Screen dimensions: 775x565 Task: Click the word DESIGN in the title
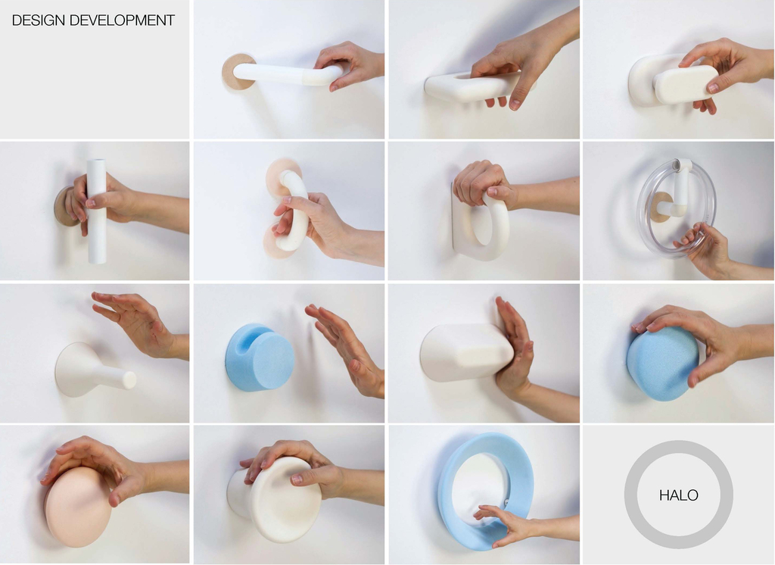(39, 20)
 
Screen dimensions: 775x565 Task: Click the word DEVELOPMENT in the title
(122, 20)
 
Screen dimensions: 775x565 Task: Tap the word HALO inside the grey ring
(678, 495)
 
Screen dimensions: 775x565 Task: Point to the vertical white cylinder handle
(96, 211)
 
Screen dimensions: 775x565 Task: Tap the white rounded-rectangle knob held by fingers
(684, 84)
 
